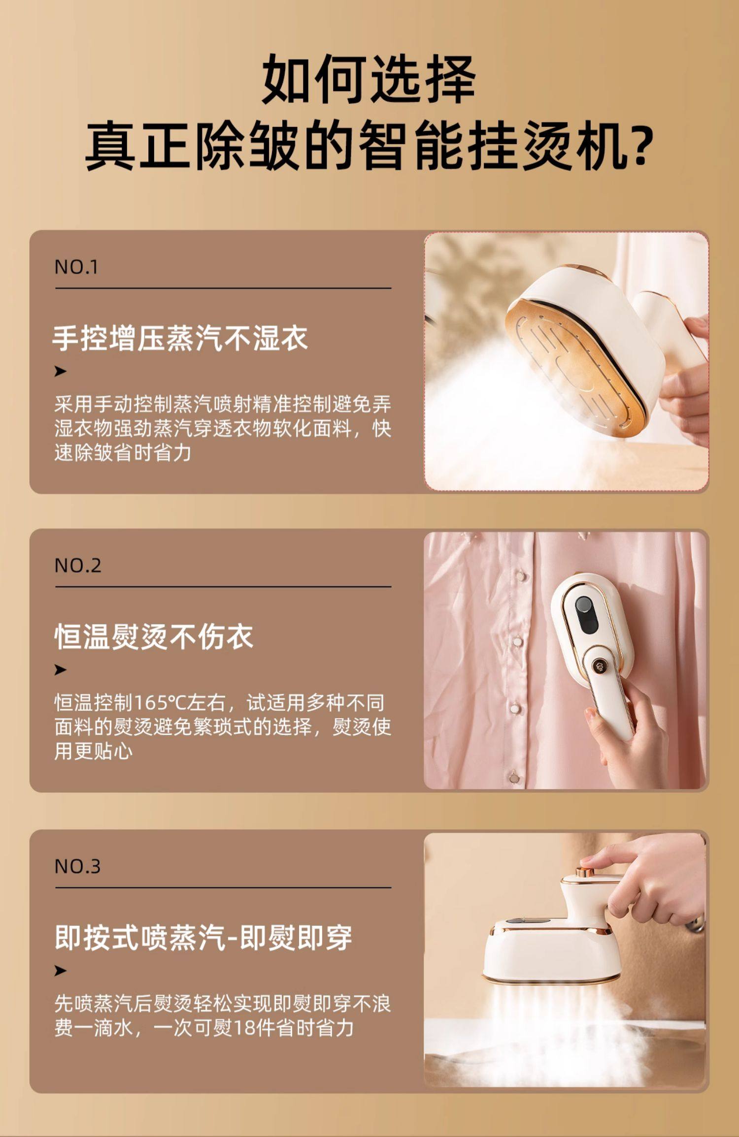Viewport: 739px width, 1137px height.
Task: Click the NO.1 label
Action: pyautogui.click(x=76, y=267)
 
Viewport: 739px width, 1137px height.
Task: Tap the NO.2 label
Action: pyautogui.click(x=77, y=566)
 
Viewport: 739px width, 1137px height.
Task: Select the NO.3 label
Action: pyautogui.click(x=77, y=866)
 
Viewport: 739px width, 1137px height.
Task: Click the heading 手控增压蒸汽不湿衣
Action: pyautogui.click(x=180, y=339)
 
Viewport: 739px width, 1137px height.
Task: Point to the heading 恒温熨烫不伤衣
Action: pyautogui.click(x=154, y=636)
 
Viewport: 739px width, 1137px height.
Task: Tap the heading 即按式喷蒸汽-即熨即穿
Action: pyautogui.click(x=203, y=937)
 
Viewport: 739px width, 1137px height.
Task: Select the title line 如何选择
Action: pyautogui.click(x=369, y=79)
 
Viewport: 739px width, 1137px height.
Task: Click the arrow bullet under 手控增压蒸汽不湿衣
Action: pyautogui.click(x=60, y=371)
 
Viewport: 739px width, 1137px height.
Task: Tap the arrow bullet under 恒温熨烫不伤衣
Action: pyautogui.click(x=60, y=669)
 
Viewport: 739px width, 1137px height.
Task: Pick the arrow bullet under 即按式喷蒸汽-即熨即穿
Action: pyautogui.click(x=60, y=971)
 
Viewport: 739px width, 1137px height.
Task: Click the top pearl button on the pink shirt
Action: pyautogui.click(x=521, y=575)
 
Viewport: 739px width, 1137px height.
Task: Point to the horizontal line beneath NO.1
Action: pyautogui.click(x=223, y=288)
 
